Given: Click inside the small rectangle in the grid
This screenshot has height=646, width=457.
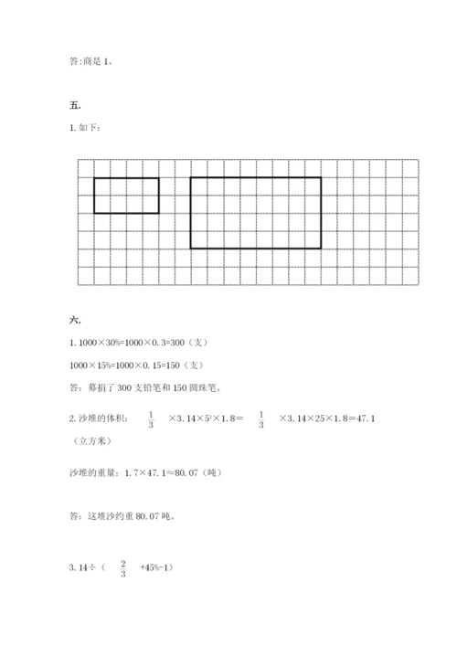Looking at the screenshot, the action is pyautogui.click(x=126, y=196).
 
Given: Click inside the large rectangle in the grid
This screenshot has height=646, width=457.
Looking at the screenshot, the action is pyautogui.click(x=255, y=212).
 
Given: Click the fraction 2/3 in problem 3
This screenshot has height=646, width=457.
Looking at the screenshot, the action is pyautogui.click(x=122, y=567).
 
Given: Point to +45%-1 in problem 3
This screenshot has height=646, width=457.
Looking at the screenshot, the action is pyautogui.click(x=155, y=567).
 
